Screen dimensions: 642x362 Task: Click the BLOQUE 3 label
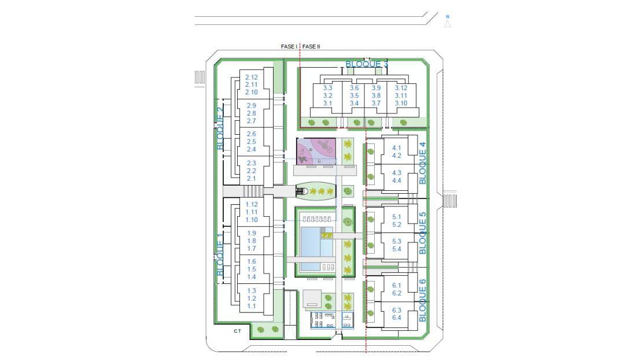point(367,64)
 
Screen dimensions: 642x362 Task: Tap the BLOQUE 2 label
point(220,128)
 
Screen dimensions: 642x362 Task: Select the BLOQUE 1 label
point(220,257)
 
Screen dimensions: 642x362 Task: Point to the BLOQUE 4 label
point(423,163)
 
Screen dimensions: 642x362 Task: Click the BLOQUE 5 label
point(423,232)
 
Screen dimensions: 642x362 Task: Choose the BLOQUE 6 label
point(423,300)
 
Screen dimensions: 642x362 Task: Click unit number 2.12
point(252,77)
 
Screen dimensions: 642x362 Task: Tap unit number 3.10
point(401,103)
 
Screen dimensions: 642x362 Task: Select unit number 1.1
point(252,306)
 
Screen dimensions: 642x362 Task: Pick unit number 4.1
point(396,148)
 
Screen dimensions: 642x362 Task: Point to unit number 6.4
point(396,317)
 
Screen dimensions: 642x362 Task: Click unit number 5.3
point(396,241)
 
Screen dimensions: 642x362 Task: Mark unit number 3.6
point(354,88)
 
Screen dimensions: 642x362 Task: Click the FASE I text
point(289,46)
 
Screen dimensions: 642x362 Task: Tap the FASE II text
point(311,46)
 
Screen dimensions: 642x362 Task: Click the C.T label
point(238,331)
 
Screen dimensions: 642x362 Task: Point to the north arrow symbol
point(448,22)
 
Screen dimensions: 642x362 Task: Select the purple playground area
point(316,151)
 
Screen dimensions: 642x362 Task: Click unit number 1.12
point(252,204)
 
